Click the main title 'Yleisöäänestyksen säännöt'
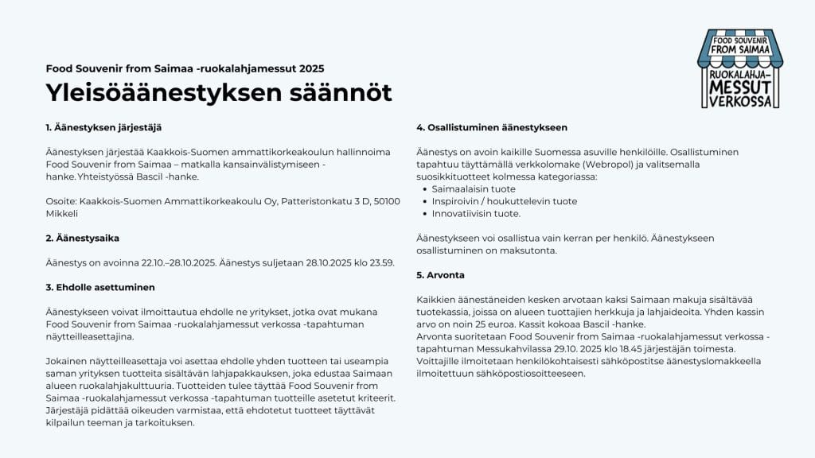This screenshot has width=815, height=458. [x=219, y=93]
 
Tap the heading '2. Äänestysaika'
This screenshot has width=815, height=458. [x=83, y=238]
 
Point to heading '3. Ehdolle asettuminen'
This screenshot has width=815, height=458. [x=100, y=287]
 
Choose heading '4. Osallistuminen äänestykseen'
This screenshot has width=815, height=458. [x=492, y=127]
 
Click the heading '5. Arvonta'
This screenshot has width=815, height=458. [x=441, y=275]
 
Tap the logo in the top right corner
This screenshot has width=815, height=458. [x=739, y=68]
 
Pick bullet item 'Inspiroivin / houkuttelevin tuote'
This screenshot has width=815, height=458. [x=505, y=201]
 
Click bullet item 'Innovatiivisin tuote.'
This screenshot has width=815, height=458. [x=476, y=213]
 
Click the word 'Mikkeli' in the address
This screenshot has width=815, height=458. [x=61, y=214]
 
